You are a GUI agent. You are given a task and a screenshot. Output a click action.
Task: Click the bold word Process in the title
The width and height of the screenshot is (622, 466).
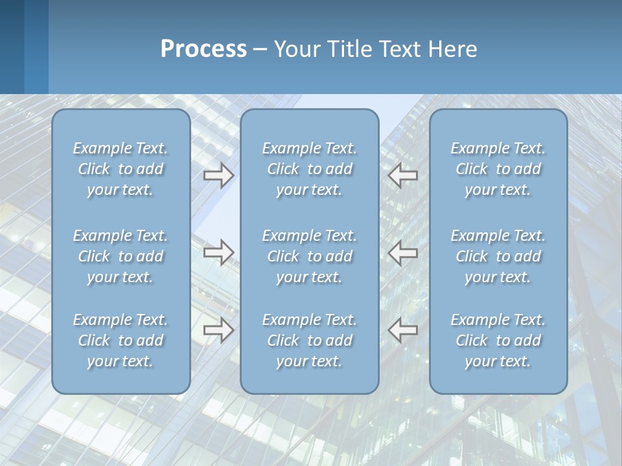tap(203, 49)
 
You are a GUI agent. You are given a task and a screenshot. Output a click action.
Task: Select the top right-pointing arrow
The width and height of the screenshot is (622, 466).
tap(219, 175)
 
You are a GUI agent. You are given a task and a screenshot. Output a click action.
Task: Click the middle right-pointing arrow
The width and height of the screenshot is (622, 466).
tap(219, 252)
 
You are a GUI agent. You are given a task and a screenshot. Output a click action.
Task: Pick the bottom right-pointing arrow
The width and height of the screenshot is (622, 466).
tap(219, 330)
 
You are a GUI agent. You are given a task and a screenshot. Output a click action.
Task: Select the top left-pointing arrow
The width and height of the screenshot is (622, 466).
tap(402, 175)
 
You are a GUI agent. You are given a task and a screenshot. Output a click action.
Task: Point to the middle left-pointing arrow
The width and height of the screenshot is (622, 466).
tap(402, 252)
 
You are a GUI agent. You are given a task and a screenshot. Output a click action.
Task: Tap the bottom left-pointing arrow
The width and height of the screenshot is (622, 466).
tap(402, 330)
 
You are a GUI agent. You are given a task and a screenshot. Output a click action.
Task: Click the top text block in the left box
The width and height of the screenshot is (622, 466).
tap(121, 169)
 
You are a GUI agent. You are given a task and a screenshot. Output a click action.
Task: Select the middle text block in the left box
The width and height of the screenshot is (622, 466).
tap(121, 256)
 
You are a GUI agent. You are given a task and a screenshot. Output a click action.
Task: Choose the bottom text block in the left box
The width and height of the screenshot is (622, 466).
tap(121, 340)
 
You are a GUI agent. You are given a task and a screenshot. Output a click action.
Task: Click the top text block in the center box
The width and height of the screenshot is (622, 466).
tap(309, 169)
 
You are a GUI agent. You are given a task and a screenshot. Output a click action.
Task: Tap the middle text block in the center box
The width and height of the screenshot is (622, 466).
tap(309, 256)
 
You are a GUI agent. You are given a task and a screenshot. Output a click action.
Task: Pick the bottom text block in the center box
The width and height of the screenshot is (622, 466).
tap(309, 340)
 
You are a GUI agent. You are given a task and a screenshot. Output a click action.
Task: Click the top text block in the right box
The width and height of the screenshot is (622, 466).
tap(498, 169)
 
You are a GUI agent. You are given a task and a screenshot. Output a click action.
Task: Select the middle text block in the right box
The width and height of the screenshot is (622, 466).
tap(498, 256)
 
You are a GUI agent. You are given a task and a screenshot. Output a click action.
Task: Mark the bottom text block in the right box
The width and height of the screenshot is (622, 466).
tap(498, 340)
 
